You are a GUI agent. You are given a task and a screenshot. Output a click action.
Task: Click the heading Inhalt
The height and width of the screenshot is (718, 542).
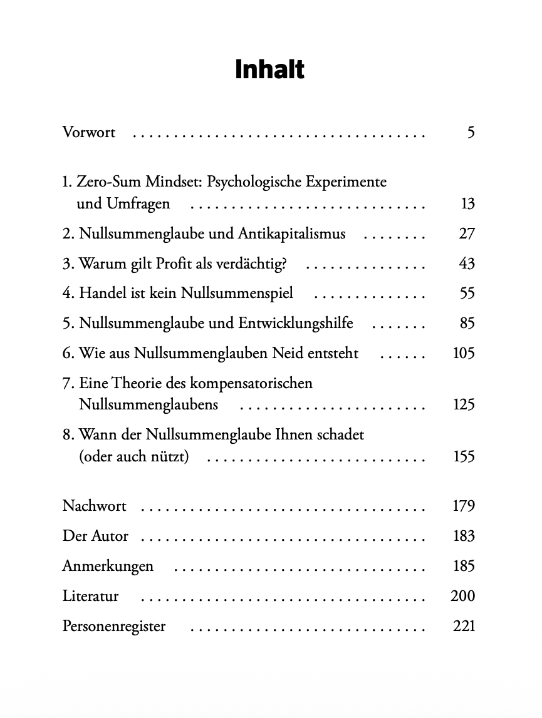coord(270,69)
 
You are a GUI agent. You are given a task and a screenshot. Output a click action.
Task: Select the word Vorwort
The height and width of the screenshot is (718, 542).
coord(89,133)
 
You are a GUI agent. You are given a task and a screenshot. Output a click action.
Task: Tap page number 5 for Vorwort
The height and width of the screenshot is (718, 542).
coord(471,133)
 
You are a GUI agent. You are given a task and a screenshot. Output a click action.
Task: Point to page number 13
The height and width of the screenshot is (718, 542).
coord(467,204)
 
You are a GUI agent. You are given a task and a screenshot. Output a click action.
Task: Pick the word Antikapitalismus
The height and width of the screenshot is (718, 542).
coord(291,234)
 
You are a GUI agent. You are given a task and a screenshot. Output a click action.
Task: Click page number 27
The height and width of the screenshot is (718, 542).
coord(467,234)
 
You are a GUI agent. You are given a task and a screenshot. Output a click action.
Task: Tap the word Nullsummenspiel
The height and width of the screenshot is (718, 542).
coord(237,294)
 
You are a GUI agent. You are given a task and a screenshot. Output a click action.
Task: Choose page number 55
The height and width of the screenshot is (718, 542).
coord(467,294)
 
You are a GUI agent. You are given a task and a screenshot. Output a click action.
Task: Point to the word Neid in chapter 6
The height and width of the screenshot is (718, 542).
coord(288,354)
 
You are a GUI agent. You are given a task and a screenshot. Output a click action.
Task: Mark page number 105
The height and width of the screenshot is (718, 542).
coord(464,354)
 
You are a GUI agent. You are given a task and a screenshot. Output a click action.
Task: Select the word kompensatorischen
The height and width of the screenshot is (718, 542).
coord(251,383)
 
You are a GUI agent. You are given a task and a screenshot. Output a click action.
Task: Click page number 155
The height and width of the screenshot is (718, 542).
coord(464,457)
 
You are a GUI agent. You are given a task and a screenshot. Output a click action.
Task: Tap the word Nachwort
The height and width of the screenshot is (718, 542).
coord(95,506)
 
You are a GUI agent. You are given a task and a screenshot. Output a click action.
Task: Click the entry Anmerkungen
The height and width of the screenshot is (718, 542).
coord(108,567)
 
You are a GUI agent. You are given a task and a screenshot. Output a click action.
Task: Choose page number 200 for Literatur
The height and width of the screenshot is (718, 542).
coord(463,596)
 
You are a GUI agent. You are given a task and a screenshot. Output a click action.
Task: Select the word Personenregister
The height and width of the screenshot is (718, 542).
coord(114,626)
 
